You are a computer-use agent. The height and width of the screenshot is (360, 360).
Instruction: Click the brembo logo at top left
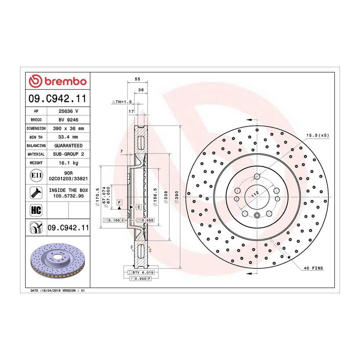58,81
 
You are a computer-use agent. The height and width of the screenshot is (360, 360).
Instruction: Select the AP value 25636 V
68,111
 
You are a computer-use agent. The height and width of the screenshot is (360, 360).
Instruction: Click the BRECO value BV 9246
68,120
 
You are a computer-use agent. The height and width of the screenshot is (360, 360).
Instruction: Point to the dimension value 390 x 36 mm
68,128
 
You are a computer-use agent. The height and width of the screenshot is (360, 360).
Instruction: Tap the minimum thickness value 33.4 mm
68,137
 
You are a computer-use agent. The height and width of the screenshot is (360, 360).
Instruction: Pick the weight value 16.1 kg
68,163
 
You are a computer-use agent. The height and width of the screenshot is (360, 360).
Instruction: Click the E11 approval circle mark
36,176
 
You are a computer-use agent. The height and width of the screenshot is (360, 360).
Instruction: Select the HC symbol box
36,210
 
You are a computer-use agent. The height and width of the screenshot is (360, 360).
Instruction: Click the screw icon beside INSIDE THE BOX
36,193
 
